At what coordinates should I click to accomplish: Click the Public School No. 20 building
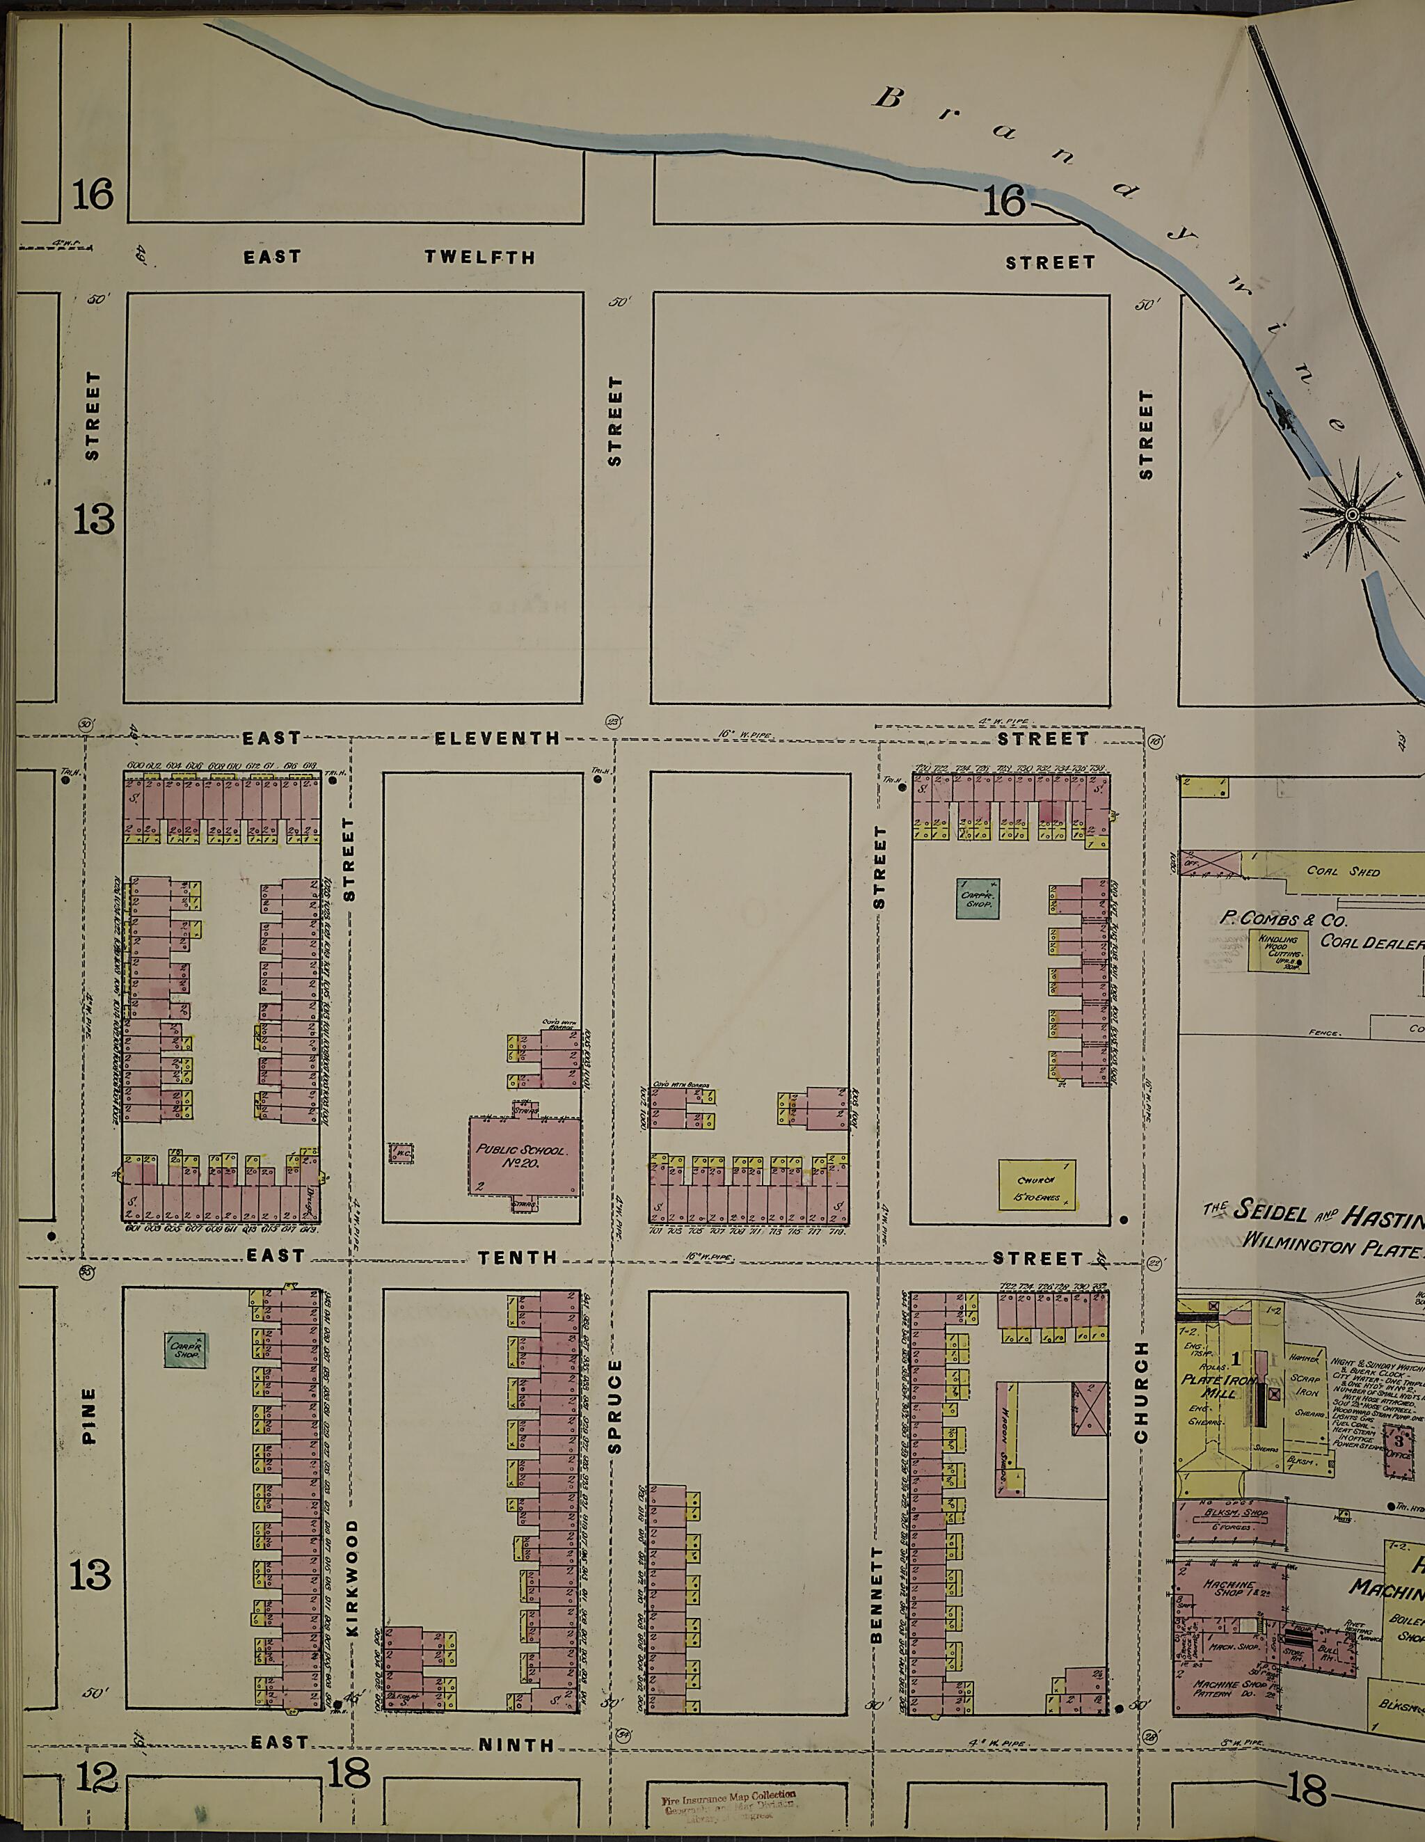point(525,1155)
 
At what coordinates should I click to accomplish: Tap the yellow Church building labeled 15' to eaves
point(1036,1183)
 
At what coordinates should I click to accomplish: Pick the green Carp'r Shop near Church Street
point(978,898)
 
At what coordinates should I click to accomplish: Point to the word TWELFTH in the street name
point(480,257)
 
